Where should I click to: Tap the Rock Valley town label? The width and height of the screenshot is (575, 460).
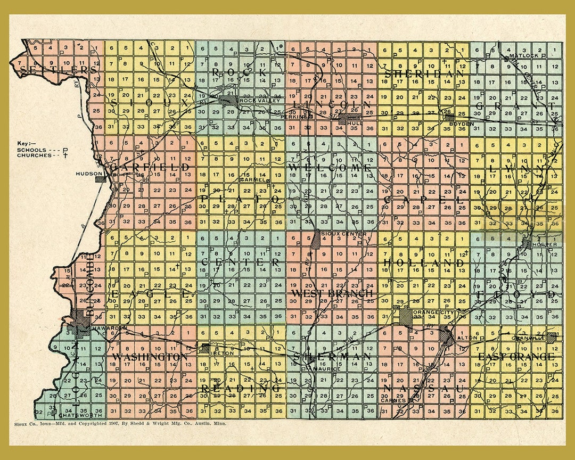tap(252, 100)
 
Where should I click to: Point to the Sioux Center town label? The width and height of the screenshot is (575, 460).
tap(336, 234)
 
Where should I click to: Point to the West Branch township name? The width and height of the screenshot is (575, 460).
tap(332, 293)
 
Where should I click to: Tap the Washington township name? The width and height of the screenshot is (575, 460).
tap(149, 356)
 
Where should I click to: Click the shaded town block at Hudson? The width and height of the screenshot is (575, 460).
tap(100, 179)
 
